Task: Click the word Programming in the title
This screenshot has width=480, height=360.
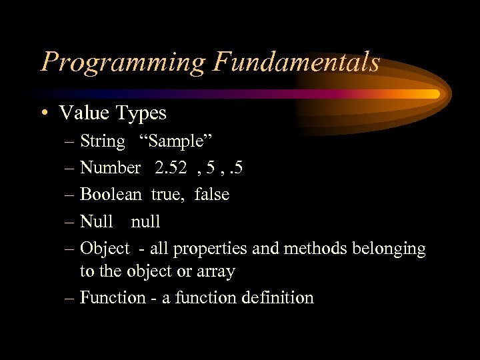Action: coord(124,63)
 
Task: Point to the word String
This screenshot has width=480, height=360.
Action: coord(102,142)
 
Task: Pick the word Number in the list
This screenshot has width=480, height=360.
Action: coord(110,168)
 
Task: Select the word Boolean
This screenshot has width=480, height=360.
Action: coord(111,195)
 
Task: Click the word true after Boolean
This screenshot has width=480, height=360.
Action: coord(165,195)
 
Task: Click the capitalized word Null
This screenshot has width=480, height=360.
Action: coord(96,221)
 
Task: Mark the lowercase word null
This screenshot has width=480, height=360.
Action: coord(145,221)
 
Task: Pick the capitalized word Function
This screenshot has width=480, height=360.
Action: coord(113,297)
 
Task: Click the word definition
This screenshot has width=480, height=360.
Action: coord(278,297)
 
